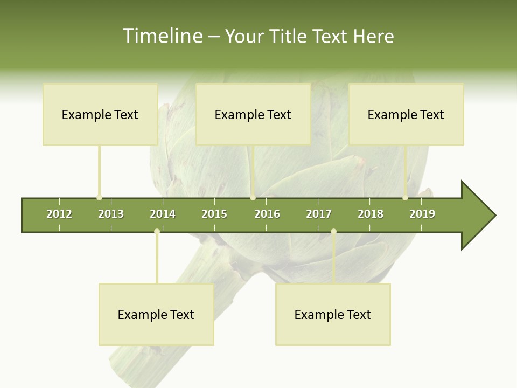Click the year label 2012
59,214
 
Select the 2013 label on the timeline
111,214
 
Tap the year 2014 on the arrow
163,214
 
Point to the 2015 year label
214,214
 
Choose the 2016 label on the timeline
267,214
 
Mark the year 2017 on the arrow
319,214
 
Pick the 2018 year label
371,214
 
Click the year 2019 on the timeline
422,214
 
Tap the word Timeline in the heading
161,36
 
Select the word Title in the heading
289,36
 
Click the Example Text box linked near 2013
100,115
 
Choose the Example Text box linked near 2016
253,115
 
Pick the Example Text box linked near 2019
406,115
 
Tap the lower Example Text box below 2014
156,315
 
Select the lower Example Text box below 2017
333,315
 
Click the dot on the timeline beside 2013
99,198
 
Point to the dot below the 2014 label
157,232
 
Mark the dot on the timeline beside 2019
405,198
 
